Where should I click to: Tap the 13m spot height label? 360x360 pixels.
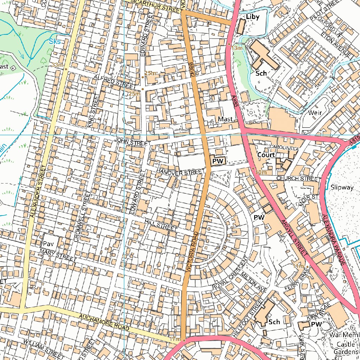pyautogui.click(x=237, y=47)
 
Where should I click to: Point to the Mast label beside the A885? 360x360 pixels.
pyautogui.click(x=225, y=119)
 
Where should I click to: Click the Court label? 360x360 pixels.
pyautogui.click(x=266, y=155)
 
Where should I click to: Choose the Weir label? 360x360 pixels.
pyautogui.click(x=315, y=113)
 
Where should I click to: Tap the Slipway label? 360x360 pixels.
pyautogui.click(x=342, y=187)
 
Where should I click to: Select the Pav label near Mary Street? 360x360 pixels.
pyautogui.click(x=48, y=244)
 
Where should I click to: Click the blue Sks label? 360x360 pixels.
pyautogui.click(x=55, y=41)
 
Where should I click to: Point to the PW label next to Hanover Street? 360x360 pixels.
pyautogui.click(x=218, y=161)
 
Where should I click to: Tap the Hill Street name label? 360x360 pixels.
pyautogui.click(x=161, y=225)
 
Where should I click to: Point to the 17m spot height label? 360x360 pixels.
pyautogui.click(x=174, y=339)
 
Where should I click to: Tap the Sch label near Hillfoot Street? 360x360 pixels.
pyautogui.click(x=274, y=322)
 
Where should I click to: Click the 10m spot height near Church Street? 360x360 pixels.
pyautogui.click(x=261, y=172)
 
